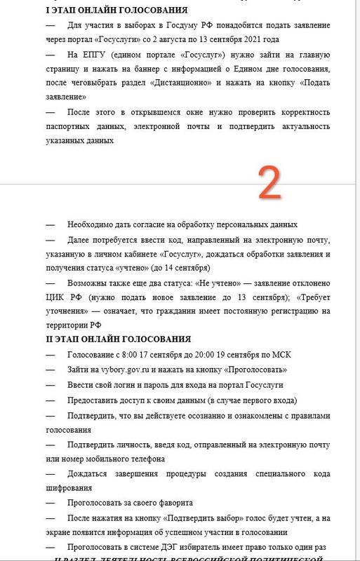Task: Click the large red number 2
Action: [x=269, y=184]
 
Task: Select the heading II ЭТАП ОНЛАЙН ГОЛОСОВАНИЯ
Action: [x=109, y=339]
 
